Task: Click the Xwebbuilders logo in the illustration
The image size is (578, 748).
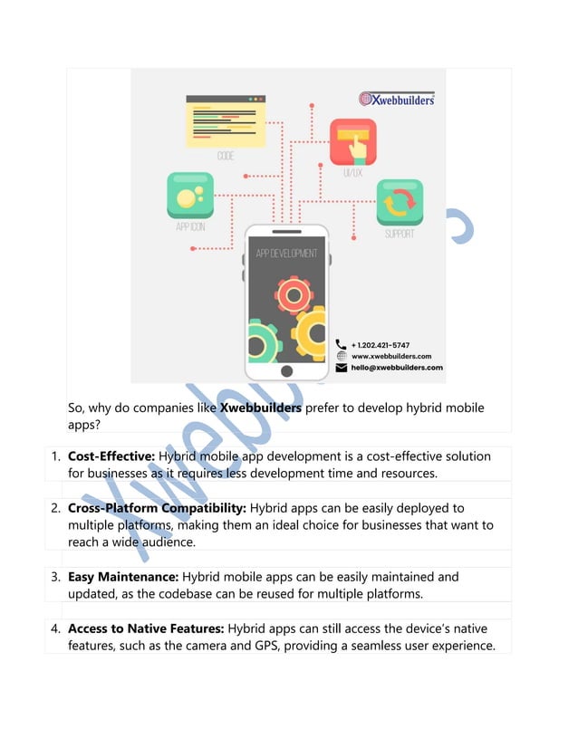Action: coord(397,99)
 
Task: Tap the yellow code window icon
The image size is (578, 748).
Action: coord(226,121)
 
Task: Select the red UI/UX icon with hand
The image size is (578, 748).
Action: coord(352,141)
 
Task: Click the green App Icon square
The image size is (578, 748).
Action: coord(190,196)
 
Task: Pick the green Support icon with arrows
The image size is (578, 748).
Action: coord(400,202)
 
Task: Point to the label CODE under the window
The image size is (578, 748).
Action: coord(226,157)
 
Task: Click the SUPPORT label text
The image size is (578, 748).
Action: coord(400,234)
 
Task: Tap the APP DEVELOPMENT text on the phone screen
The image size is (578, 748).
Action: coord(286,254)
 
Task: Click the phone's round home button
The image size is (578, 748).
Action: coord(287,371)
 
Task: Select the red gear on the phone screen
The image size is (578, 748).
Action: coord(294,295)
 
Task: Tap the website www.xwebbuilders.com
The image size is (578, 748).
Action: coord(390,357)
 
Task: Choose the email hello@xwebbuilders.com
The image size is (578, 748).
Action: coord(397,368)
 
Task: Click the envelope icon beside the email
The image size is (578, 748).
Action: coord(342,369)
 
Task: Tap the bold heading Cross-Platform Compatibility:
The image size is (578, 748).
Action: coord(156,508)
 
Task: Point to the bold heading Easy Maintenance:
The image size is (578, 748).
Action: coord(123,576)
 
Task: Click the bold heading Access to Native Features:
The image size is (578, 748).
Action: coord(145,628)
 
